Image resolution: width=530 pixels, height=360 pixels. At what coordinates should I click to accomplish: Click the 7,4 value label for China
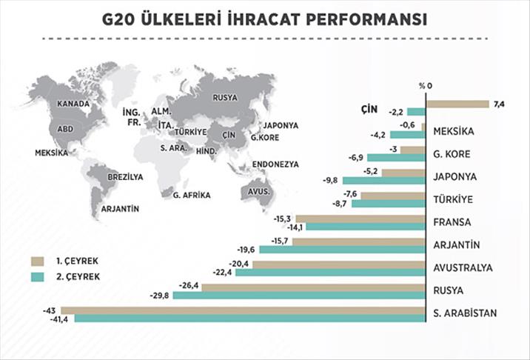tap(498, 104)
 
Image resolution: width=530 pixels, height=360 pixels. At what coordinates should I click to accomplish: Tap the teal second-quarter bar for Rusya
tap(310, 296)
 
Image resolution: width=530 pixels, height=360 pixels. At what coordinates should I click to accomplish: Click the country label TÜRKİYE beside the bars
tap(454, 199)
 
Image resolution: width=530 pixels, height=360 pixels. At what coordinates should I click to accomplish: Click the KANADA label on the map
tap(73, 104)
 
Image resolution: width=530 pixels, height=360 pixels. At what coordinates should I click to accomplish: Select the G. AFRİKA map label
tap(191, 195)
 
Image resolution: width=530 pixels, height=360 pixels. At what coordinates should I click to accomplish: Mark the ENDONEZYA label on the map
tap(275, 163)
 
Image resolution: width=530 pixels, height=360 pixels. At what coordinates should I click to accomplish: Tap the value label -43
tap(50, 310)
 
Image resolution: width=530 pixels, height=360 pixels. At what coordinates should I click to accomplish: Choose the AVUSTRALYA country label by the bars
tap(463, 267)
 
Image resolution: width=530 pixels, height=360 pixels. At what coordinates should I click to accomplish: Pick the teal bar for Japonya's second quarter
tap(385, 181)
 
